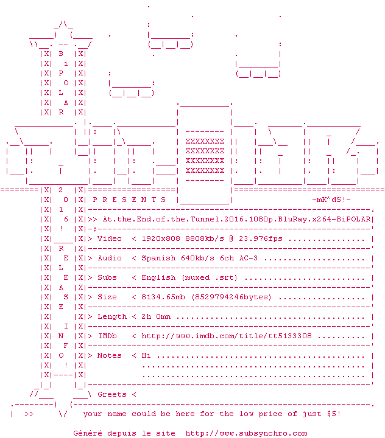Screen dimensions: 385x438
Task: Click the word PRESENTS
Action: click(x=129, y=200)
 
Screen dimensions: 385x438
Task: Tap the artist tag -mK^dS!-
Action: click(x=331, y=200)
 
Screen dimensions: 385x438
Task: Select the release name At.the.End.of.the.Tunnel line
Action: click(x=236, y=219)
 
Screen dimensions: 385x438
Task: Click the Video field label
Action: click(x=110, y=239)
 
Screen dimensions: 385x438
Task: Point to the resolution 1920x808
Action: click(x=161, y=239)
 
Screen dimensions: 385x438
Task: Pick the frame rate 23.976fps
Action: click(x=261, y=239)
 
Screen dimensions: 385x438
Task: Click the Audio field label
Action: click(x=110, y=258)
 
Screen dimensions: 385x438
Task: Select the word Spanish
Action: click(x=158, y=259)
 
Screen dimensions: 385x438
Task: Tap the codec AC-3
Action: click(x=249, y=258)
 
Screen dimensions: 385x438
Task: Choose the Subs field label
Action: click(x=107, y=277)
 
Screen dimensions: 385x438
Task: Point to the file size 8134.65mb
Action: click(x=163, y=297)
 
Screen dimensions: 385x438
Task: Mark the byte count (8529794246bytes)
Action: click(x=231, y=297)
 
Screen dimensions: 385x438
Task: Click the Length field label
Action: click(x=112, y=317)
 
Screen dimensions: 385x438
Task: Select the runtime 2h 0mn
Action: click(x=156, y=317)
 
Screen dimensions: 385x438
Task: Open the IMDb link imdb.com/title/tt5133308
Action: click(x=227, y=336)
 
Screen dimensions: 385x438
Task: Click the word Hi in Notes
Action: click(x=146, y=356)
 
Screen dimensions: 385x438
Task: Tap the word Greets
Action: click(x=112, y=394)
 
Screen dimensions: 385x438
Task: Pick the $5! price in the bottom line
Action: click(x=334, y=414)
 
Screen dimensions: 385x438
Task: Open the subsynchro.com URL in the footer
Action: click(x=246, y=434)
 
